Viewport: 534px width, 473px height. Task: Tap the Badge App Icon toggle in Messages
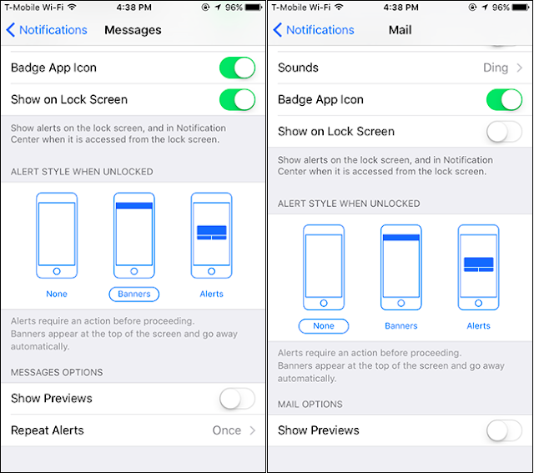[x=237, y=68]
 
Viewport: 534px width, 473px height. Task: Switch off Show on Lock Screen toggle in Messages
[x=237, y=99]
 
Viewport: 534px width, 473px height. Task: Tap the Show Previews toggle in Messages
[x=237, y=399]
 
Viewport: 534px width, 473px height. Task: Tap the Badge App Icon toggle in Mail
[x=504, y=99]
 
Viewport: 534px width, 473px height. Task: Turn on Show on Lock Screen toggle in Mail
[x=504, y=132]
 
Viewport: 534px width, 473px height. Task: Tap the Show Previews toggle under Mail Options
[x=504, y=430]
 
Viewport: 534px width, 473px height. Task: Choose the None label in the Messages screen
[x=57, y=294]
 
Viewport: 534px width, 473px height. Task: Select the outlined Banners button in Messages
[x=133, y=294]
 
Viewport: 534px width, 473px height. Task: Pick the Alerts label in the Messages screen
[x=211, y=294]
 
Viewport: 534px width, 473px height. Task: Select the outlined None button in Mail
[x=324, y=326]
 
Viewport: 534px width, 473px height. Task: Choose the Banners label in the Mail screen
[x=401, y=326]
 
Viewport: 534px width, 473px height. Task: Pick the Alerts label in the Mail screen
[x=478, y=326]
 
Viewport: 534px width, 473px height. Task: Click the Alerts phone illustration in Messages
[x=211, y=235]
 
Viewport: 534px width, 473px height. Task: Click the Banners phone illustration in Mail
[x=401, y=267]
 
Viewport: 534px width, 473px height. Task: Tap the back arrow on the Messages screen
[x=11, y=30]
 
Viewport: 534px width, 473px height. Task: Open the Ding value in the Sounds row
[x=496, y=68]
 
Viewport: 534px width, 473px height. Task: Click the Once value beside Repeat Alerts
[x=227, y=430]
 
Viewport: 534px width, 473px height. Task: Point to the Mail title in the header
[x=400, y=30]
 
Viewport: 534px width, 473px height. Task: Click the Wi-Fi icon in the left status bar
[x=72, y=7]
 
